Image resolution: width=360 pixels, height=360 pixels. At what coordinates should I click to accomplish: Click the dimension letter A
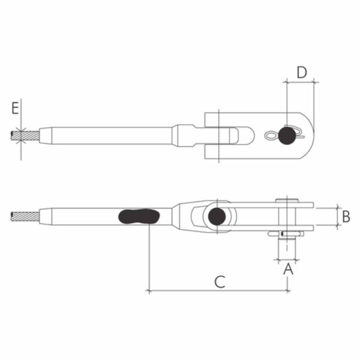coord(287,269)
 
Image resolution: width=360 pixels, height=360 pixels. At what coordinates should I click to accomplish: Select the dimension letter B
coord(346,215)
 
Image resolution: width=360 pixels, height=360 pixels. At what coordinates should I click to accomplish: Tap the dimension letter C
coord(220,281)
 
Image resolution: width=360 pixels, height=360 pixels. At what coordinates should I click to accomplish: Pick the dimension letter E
coord(15,109)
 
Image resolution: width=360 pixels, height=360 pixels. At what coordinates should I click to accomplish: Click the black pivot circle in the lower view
coord(217,216)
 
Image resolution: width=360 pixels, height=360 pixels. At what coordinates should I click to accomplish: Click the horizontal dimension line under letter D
coord(301,82)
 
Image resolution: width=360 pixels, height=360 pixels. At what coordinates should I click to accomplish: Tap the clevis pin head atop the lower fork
coord(288,200)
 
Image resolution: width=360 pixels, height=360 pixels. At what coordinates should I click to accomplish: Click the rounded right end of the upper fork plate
coord(309,136)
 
